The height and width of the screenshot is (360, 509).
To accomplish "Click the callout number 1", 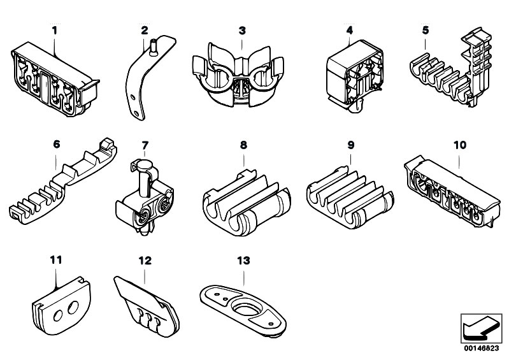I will coord(54,30).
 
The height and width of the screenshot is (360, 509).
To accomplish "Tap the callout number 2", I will coord(145,30).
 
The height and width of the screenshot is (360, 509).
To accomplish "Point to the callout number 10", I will coord(460,145).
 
